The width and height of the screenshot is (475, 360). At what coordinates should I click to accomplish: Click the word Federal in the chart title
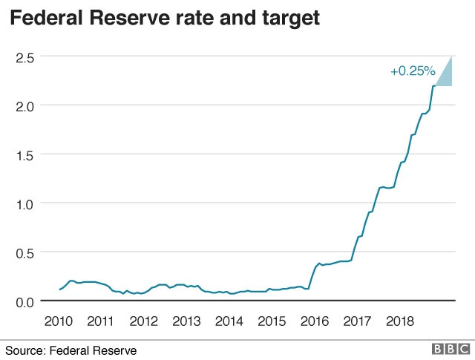point(52,19)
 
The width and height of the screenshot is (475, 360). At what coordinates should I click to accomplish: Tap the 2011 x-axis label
point(100,321)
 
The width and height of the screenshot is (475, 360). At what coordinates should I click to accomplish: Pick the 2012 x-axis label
point(143,321)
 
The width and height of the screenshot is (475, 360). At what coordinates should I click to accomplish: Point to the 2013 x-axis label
point(186,321)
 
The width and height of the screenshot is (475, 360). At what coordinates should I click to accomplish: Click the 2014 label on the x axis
point(229,321)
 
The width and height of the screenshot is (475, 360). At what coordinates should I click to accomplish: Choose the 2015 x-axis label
point(272,321)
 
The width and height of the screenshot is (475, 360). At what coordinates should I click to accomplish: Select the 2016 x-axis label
point(315,321)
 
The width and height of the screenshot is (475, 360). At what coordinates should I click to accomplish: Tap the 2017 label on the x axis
point(358,321)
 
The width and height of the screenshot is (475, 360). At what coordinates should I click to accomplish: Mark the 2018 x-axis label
point(400,321)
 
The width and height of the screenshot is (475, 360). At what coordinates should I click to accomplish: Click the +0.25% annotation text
point(412,71)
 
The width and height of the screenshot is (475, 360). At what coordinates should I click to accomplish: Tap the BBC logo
point(451,349)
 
